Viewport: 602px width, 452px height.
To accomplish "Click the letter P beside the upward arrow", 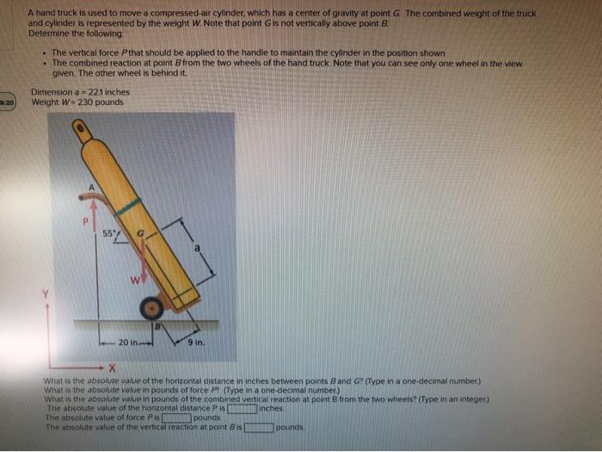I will pos(84,221).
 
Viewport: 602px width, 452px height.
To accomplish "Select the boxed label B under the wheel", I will pos(157,327).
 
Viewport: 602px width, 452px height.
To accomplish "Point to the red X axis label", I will pos(111,368).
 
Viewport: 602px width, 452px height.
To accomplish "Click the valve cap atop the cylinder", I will pos(80,130).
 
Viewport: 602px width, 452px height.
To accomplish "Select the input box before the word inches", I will pos(243,408).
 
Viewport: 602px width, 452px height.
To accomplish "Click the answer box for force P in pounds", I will pos(177,418).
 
